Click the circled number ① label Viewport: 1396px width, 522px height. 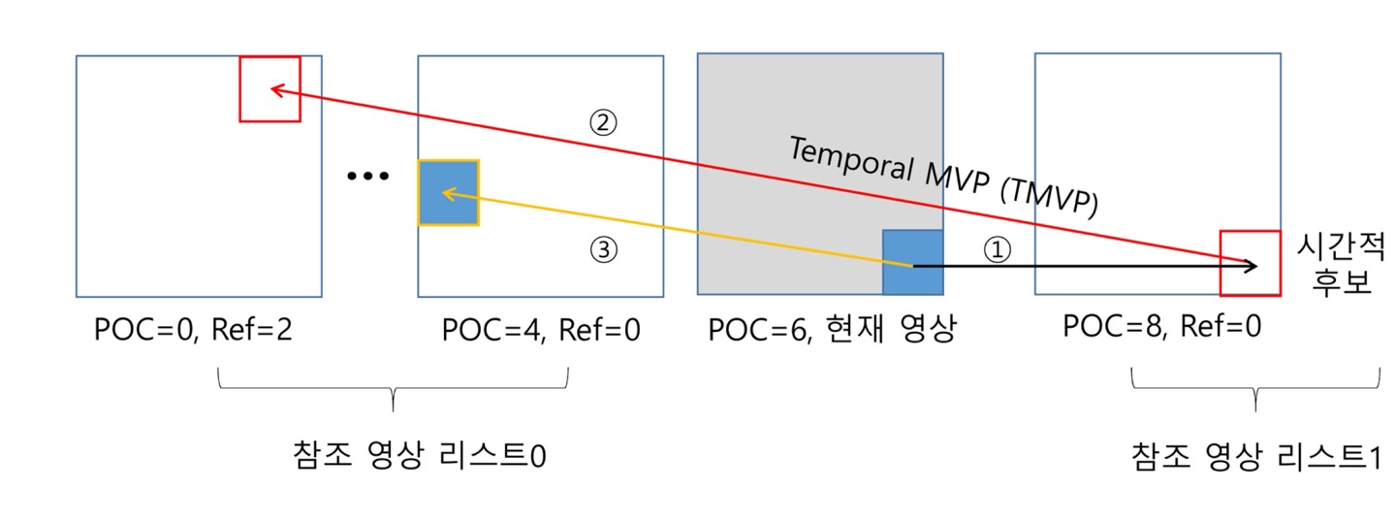[998, 249]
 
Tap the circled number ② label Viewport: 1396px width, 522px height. [604, 123]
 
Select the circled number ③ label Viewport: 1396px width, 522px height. [604, 250]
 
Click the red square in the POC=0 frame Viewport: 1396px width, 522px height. [270, 88]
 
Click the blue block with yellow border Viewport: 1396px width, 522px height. [449, 193]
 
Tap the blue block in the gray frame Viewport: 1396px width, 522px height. [912, 262]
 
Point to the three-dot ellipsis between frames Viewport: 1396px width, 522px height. [367, 177]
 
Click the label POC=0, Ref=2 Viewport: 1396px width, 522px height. [193, 330]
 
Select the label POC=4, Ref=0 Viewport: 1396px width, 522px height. [540, 330]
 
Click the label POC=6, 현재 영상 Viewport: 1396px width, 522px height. [832, 330]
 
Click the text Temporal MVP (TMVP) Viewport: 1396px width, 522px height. [942, 175]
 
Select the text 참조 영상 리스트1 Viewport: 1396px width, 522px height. [1254, 456]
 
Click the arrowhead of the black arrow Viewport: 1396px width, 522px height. [1253, 265]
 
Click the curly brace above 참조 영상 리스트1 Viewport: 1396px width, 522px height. [1255, 389]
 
